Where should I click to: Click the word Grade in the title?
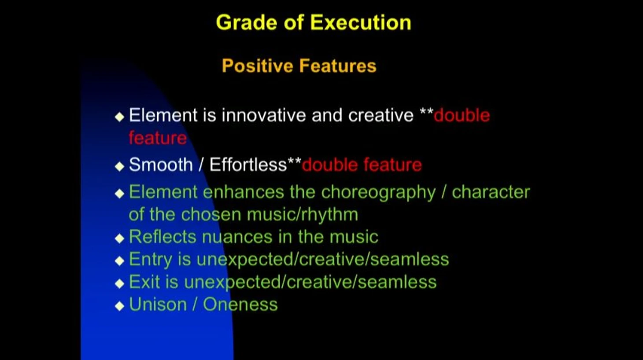coord(247,23)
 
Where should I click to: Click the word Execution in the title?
coord(361,22)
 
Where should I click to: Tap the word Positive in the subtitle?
coord(258,66)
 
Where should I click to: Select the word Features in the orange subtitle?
coord(337,66)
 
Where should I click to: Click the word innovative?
coord(264,115)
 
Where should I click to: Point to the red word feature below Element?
coord(158,138)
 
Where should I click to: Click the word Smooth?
coord(161,165)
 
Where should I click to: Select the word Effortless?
coord(248,165)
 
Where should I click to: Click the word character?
coord(491,192)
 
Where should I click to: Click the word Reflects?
coord(163,237)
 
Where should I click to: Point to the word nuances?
coord(237,237)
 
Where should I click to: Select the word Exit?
coord(144,282)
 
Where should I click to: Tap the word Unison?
coord(158,305)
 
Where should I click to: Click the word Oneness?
coord(240,305)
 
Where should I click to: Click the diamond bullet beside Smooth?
coord(119,166)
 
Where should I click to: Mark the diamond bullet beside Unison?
coord(119,306)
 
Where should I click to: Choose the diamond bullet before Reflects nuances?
coord(119,239)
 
